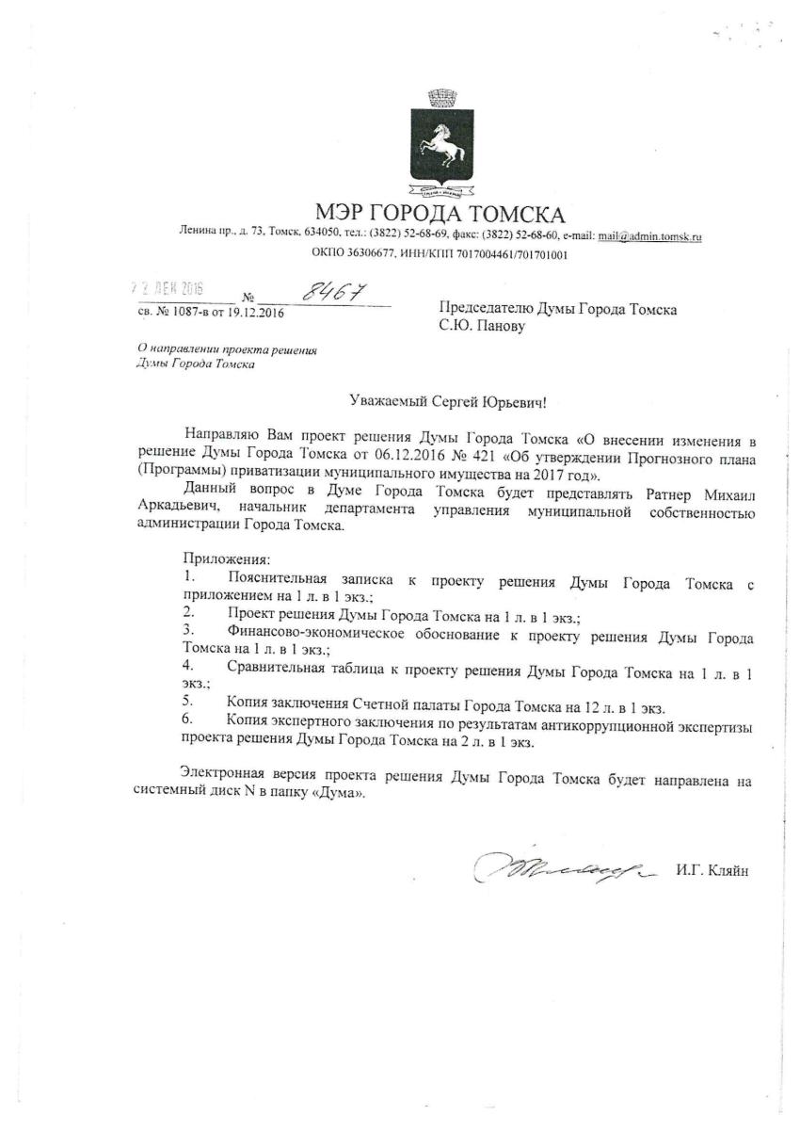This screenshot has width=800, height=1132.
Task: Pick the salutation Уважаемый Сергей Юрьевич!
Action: pos(447,402)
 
